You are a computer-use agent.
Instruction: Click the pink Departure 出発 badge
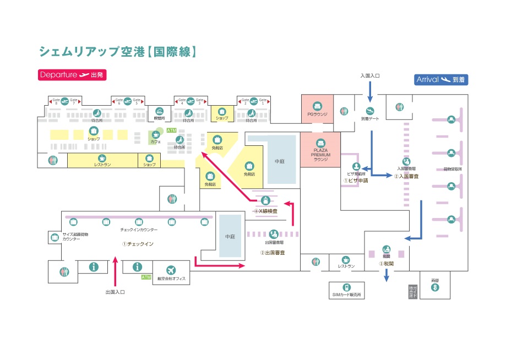coord(72,75)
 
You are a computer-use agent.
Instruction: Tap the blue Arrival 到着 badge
coord(441,80)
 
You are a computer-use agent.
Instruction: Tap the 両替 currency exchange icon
coord(435,287)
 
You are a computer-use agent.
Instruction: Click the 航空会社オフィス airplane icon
coord(171,270)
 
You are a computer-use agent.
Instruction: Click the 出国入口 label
coord(115,292)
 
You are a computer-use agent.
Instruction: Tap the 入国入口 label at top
coord(371,75)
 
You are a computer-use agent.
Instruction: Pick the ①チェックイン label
coord(138,243)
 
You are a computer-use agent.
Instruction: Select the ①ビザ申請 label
coord(356,180)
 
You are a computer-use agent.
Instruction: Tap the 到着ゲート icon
coord(370,111)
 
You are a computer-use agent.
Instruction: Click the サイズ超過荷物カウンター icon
coord(55,238)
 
